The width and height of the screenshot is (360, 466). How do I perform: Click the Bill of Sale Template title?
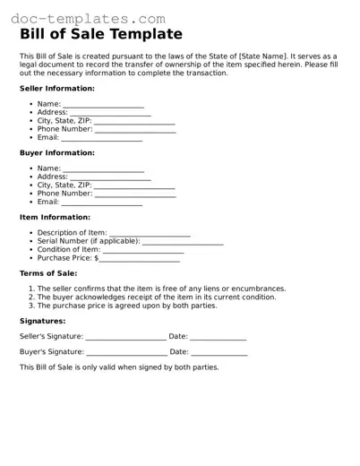point(101,35)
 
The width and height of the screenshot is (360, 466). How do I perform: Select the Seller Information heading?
point(57,89)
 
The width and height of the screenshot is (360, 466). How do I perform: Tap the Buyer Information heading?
point(57,152)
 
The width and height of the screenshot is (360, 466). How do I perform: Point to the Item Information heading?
point(55,217)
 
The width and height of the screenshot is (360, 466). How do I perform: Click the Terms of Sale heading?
point(48,272)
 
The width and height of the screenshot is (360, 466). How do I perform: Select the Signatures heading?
point(43,320)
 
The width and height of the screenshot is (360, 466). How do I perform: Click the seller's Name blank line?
point(104,106)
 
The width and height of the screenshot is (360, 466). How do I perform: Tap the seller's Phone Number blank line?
point(135,130)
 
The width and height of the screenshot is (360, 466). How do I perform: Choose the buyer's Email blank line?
point(102,203)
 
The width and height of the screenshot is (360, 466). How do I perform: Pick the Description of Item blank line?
point(150,235)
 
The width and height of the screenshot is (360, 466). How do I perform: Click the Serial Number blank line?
point(183,243)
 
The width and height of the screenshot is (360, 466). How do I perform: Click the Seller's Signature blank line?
point(125,339)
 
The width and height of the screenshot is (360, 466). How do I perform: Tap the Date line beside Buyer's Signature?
point(218,354)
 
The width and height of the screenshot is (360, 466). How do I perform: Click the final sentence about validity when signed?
point(119,367)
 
